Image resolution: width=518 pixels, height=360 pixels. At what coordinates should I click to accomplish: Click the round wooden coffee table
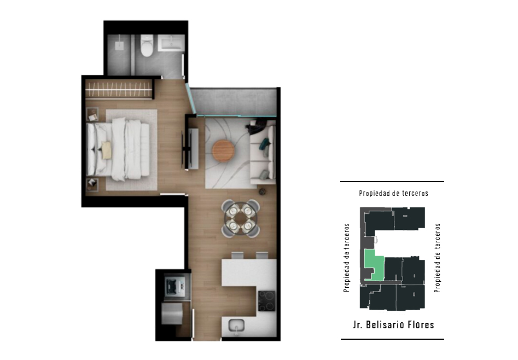(223, 151)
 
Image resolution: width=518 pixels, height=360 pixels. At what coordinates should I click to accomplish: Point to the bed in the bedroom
(118, 150)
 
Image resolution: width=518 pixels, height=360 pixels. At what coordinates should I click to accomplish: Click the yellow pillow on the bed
(106, 150)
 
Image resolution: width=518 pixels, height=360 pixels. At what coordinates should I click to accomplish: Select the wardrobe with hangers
(119, 89)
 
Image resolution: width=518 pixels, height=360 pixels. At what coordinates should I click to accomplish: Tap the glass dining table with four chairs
(241, 218)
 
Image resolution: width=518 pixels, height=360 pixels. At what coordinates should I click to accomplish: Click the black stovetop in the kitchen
(266, 301)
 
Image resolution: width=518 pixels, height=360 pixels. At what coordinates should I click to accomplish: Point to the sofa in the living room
(263, 153)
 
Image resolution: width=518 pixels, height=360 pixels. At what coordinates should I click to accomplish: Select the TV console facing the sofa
(193, 148)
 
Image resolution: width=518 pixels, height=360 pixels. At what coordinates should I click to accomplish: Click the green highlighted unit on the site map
(375, 265)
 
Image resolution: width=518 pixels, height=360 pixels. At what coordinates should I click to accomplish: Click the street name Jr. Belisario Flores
(393, 324)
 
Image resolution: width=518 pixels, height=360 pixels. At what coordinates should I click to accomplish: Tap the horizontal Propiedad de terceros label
(393, 193)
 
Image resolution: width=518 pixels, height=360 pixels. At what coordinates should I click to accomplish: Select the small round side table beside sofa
(263, 191)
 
